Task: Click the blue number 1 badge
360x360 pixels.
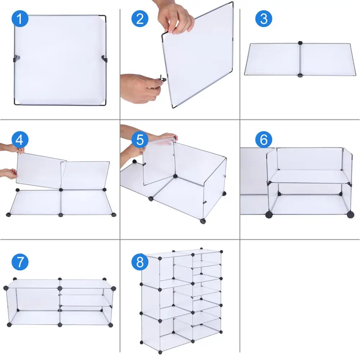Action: (20, 19)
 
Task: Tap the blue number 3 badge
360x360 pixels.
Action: (264, 19)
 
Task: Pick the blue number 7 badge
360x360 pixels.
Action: (20, 261)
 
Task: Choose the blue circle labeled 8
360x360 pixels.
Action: (140, 261)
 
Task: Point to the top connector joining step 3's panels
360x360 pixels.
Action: (300, 43)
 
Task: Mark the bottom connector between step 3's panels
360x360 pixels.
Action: (300, 76)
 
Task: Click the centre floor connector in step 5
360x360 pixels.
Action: (175, 176)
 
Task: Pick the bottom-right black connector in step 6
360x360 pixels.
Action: (350, 215)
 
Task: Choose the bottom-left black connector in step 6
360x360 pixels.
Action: (268, 215)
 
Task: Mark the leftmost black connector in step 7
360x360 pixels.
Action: (6, 288)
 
